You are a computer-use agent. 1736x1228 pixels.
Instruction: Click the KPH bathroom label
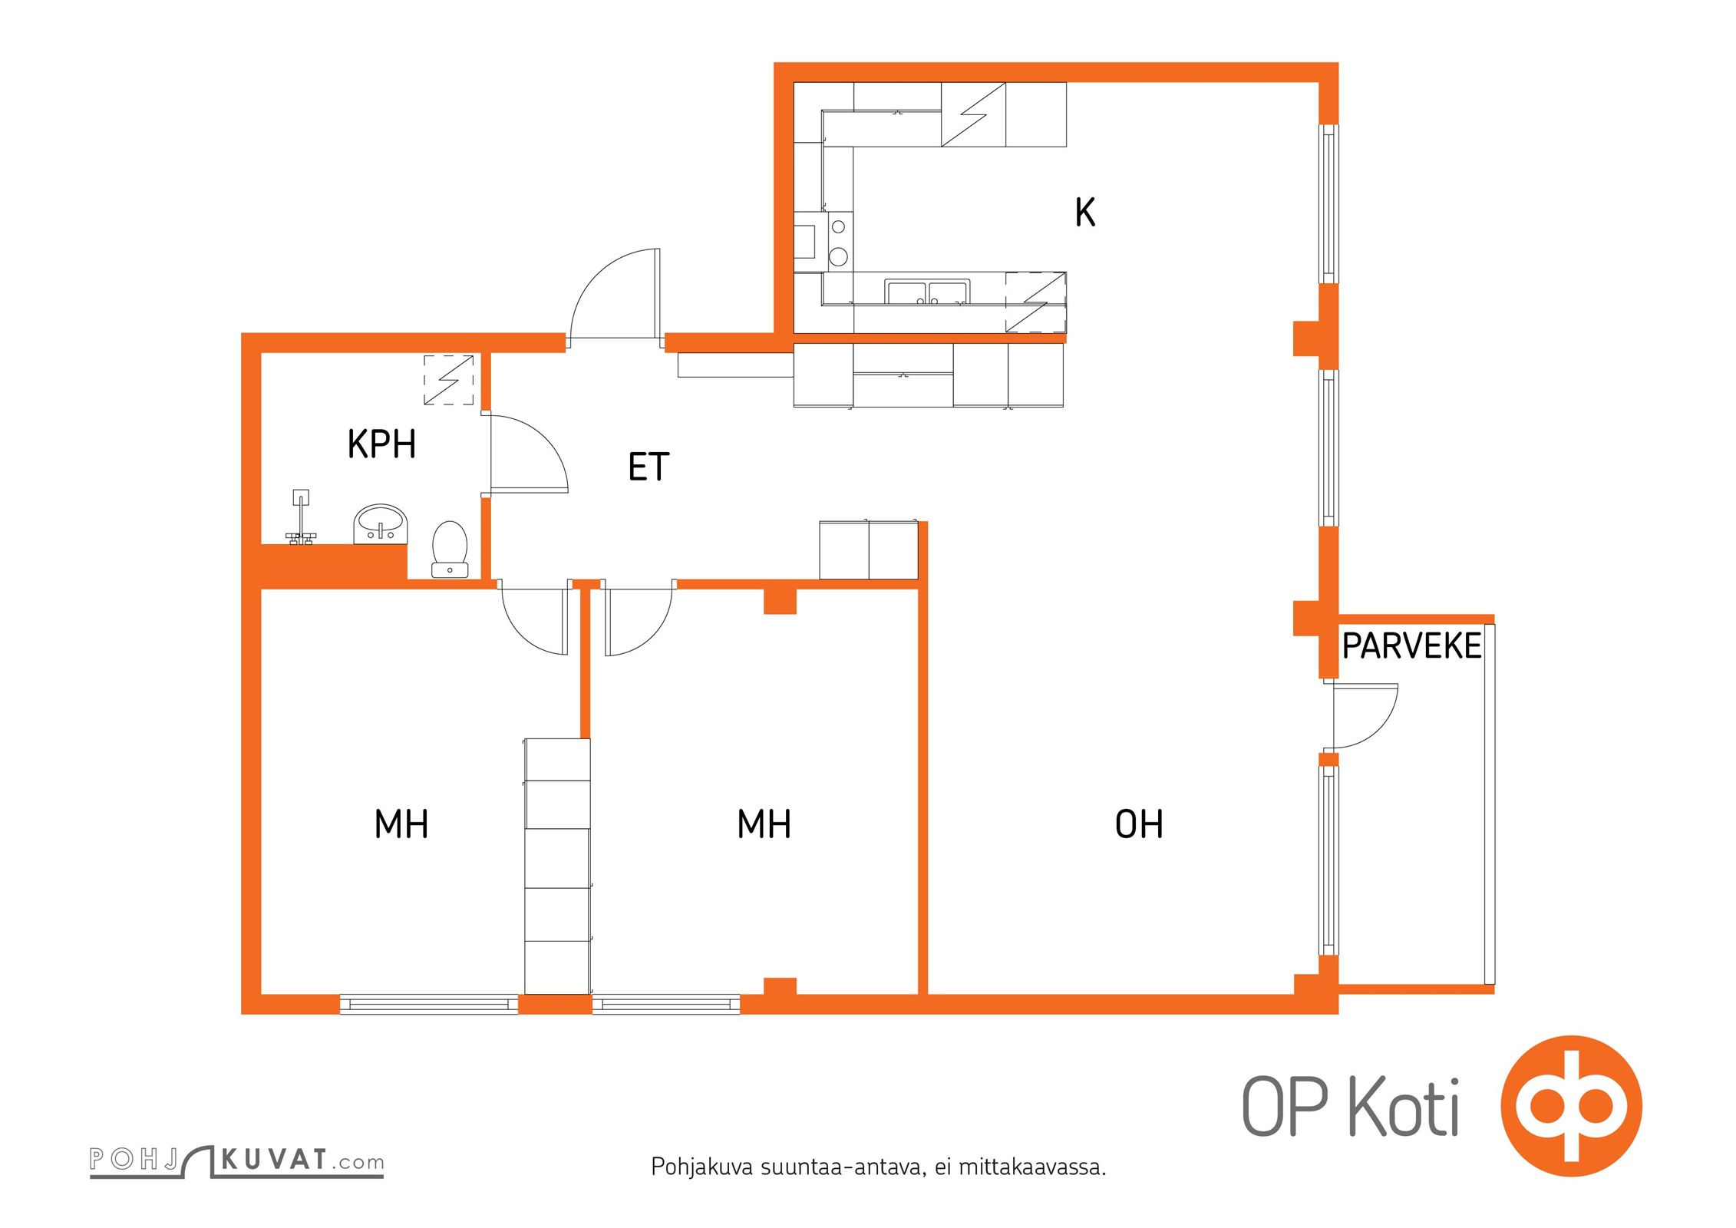[381, 444]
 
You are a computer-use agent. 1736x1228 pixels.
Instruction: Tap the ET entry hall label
[649, 467]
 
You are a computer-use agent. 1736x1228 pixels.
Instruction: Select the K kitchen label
[1084, 213]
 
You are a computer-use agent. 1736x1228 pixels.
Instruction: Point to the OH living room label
[1138, 824]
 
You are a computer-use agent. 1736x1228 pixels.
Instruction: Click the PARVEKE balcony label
[1411, 646]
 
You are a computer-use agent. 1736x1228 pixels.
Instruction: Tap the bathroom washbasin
[380, 524]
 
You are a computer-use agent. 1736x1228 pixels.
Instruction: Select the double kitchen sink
[926, 292]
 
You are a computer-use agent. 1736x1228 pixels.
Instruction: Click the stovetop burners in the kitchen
[839, 242]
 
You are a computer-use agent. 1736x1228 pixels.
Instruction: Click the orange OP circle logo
[1571, 1106]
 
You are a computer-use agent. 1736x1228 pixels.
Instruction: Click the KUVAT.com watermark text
[302, 1160]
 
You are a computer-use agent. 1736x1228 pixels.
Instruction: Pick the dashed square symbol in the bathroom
[448, 379]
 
